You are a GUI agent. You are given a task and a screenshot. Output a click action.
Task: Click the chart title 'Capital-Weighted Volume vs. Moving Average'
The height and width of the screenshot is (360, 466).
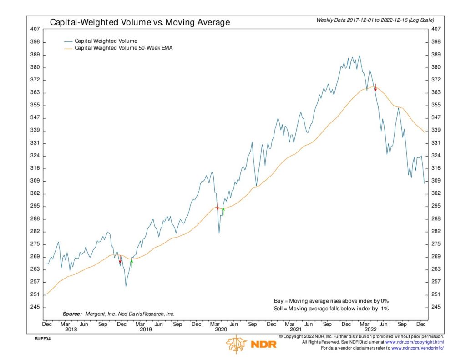point(140,22)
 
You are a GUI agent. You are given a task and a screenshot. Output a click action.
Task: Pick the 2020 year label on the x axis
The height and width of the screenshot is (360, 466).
point(221,329)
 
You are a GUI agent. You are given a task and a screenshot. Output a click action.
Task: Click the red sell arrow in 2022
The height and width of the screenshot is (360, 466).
point(375,88)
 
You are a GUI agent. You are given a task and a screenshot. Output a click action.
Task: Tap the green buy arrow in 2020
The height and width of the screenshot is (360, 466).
point(223,211)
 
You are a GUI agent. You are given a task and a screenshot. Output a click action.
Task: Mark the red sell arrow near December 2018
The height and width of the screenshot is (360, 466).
point(120,260)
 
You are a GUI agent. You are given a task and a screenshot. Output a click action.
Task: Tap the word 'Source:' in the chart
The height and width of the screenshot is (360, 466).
point(72,314)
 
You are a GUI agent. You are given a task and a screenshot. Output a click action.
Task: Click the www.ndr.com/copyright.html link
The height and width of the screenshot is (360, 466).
point(415,342)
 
